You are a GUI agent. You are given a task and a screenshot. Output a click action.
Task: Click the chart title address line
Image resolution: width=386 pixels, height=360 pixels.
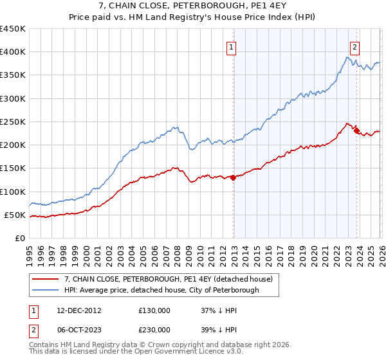[193, 6]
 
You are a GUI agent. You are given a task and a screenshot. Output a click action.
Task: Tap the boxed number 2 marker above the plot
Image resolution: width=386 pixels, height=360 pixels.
[354, 46]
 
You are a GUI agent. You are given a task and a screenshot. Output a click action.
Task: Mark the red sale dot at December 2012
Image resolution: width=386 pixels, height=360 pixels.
[233, 178]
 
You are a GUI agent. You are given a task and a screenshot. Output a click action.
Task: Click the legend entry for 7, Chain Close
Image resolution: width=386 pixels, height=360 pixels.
[169, 279]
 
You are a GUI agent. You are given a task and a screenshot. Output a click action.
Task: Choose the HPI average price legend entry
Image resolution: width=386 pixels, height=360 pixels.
[161, 290]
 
